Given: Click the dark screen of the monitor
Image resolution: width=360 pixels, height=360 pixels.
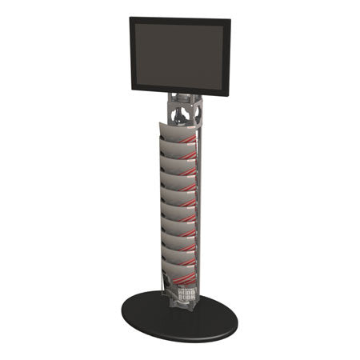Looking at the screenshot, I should pos(179,55).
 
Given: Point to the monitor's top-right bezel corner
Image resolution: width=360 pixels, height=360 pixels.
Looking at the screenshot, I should pos(230,20).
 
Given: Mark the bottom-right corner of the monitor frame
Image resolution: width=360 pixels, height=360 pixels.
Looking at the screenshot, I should pos(229,95).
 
